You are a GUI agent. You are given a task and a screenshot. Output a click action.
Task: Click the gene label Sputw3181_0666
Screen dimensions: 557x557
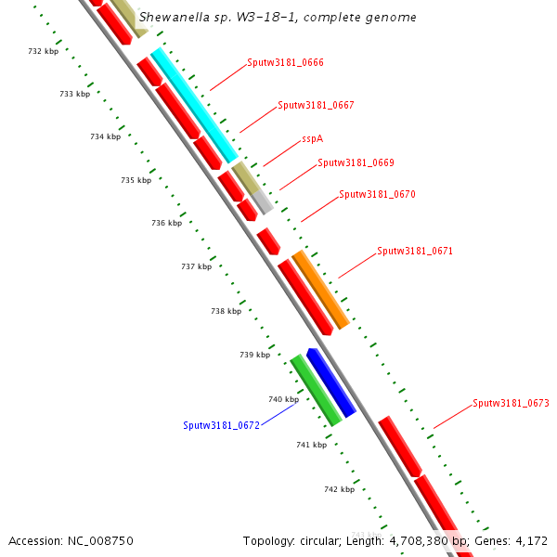pos(285,63)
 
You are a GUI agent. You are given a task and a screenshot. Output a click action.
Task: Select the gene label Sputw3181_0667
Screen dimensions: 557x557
pos(316,105)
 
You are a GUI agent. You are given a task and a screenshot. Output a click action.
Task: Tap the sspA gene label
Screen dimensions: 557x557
pos(312,139)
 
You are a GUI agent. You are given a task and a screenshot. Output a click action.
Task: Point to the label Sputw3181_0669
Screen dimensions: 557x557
pos(356,162)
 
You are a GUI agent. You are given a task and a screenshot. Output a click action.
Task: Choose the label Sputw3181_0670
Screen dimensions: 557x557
pos(377,195)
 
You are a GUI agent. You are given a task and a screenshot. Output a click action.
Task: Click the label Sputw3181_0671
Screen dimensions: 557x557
pos(415,252)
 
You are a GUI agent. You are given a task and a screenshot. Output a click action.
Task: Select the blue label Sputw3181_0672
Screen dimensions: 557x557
pos(221,425)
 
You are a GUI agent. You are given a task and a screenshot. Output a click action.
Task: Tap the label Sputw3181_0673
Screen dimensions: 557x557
pos(511,404)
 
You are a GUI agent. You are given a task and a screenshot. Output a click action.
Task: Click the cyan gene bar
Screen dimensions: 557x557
pos(193,105)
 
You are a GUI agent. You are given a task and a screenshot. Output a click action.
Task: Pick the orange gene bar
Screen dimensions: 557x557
pos(320,289)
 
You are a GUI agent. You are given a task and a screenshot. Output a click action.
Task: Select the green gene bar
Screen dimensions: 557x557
pos(316,391)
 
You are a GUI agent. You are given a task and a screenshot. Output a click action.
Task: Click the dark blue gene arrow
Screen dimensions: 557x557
pos(331,382)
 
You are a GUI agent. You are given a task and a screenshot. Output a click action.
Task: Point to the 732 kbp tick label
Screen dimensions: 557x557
pos(44,51)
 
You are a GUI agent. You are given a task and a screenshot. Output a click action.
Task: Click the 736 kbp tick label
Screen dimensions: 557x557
pos(166,223)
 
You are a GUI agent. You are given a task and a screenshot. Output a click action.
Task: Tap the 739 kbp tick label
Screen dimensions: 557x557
pos(254,355)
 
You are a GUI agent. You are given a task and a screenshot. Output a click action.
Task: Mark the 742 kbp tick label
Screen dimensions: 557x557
pos(339,489)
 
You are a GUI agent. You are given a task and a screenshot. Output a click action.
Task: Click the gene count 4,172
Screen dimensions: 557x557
pos(533,541)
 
